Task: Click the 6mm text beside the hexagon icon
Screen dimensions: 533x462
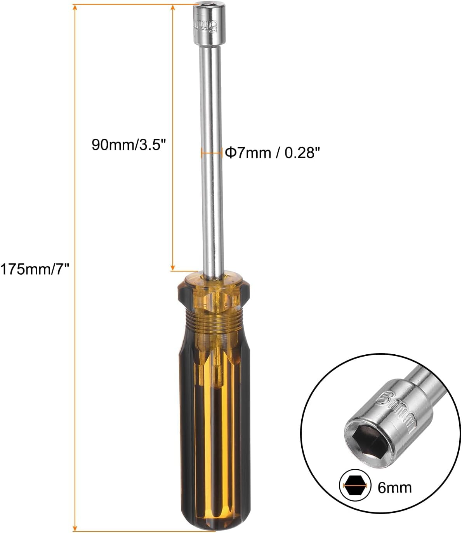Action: point(394,487)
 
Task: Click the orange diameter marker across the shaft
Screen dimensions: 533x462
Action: point(212,153)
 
